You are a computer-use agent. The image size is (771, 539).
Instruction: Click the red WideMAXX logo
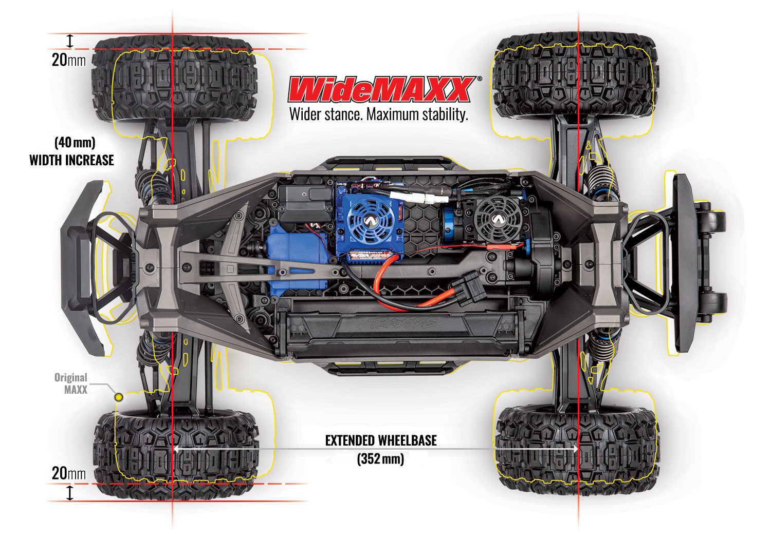[x=380, y=90]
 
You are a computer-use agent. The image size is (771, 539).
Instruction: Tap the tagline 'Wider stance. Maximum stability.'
[x=379, y=114]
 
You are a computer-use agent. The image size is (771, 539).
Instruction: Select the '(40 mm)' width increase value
[x=75, y=142]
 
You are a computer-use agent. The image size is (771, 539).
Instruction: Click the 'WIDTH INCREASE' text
[x=72, y=160]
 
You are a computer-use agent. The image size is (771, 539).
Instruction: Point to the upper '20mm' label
[x=68, y=60]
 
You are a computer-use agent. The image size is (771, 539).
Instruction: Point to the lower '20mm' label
[x=68, y=473]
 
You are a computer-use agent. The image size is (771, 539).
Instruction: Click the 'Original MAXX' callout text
[x=71, y=383]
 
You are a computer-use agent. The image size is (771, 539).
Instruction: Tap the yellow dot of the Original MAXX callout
[x=119, y=397]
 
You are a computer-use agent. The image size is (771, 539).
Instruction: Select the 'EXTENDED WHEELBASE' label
[x=381, y=440]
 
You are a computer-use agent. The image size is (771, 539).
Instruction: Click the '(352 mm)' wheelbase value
[x=381, y=458]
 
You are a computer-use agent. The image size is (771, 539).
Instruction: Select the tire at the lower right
[x=576, y=449]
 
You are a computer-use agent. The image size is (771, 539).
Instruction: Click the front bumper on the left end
[x=85, y=267]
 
